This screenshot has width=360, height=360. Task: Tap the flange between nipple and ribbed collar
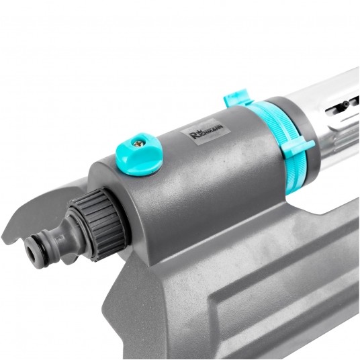pos(73,222)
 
